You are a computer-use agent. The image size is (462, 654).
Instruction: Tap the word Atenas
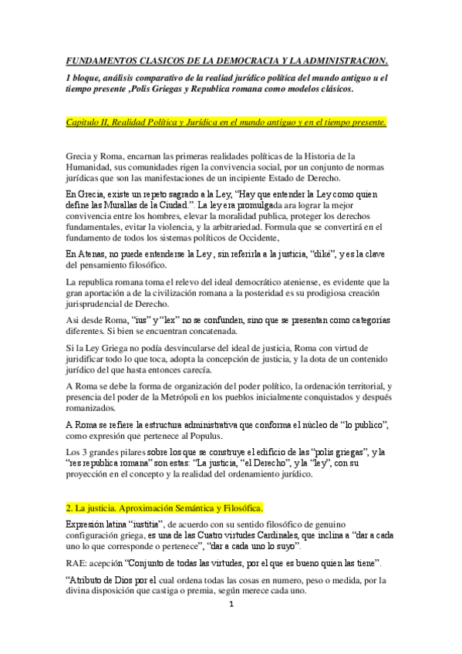click(92, 254)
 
